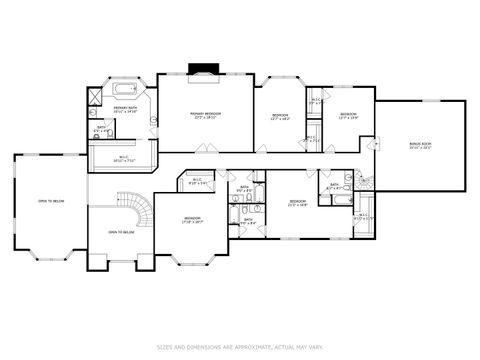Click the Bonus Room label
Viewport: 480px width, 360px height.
[x=420, y=145]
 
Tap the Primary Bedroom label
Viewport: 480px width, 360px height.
[x=206, y=115]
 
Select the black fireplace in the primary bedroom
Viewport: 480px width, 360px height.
[x=204, y=71]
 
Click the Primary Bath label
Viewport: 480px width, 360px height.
[x=126, y=109]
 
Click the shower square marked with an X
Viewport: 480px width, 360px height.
[x=93, y=98]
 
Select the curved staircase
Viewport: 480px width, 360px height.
[x=141, y=209]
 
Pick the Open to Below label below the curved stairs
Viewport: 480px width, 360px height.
[x=121, y=232]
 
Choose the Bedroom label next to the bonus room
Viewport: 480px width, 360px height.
[x=347, y=116]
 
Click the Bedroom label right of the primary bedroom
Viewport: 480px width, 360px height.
[x=280, y=117]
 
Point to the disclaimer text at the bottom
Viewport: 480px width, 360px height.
[x=239, y=348]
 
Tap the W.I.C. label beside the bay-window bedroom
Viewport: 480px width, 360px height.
[x=198, y=182]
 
